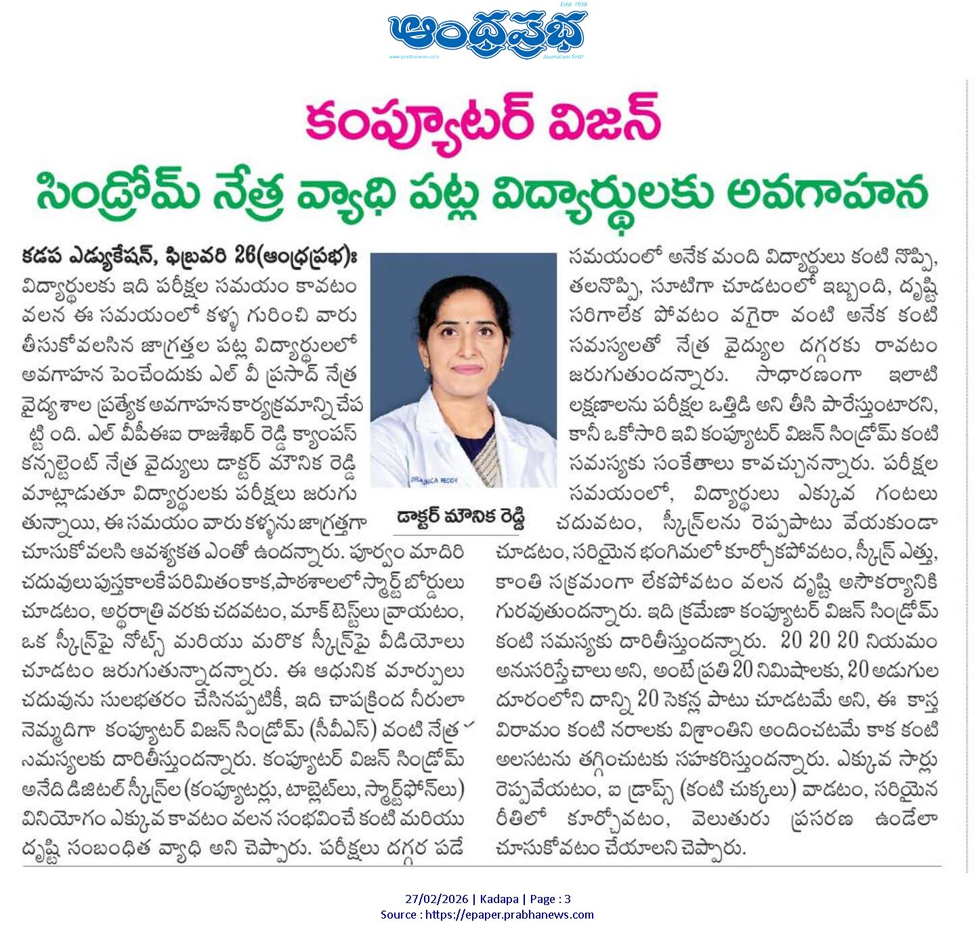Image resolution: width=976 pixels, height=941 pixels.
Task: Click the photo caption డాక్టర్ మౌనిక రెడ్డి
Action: click(462, 519)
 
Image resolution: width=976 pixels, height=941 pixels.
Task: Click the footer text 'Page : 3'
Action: click(549, 900)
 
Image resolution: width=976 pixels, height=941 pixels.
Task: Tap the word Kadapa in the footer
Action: click(501, 900)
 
